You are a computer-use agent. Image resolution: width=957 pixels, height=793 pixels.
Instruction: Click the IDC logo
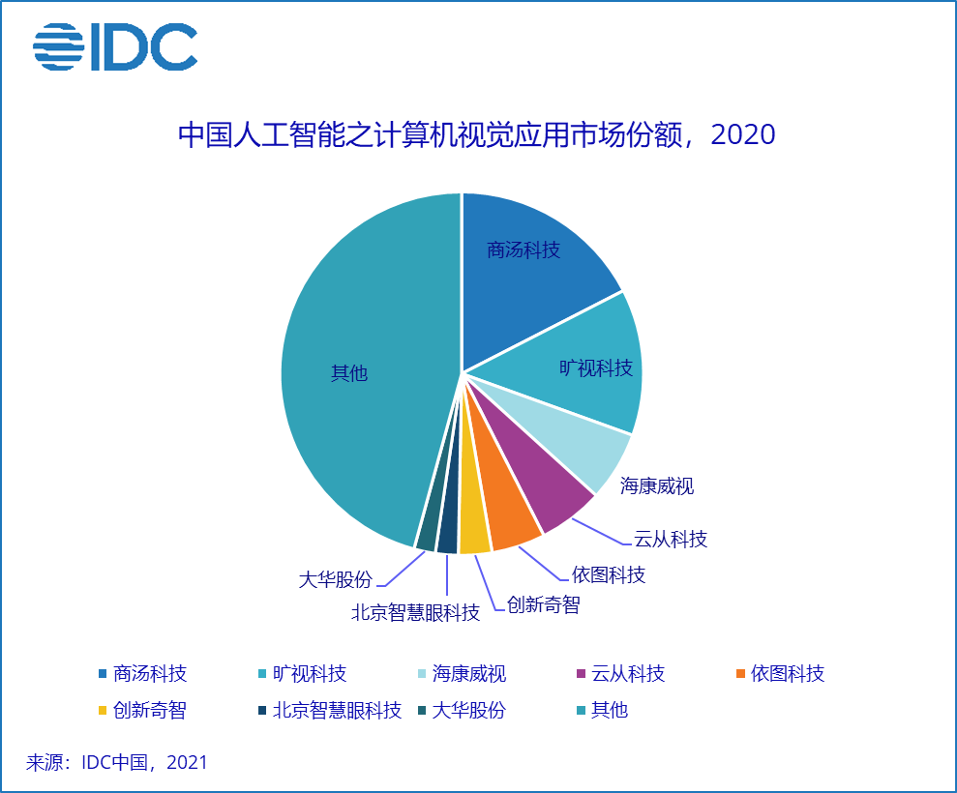point(115,46)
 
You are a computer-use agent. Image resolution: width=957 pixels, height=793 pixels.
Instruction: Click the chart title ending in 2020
point(477,134)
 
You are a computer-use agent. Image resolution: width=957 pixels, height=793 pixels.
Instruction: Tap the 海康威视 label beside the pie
point(657,485)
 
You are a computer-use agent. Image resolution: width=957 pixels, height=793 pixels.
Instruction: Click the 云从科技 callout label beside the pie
point(671,539)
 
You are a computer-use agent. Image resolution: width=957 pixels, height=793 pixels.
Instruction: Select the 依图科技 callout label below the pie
point(608,574)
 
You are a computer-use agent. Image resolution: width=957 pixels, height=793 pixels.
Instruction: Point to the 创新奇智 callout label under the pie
point(543,605)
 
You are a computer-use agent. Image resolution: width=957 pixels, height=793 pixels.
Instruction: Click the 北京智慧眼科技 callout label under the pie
point(415,612)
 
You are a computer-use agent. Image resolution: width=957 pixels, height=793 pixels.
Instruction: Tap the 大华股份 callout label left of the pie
point(335,580)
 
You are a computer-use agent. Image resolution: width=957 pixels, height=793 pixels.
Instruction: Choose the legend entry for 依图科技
point(788,673)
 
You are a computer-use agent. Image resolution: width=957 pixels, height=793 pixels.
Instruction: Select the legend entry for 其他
point(610,710)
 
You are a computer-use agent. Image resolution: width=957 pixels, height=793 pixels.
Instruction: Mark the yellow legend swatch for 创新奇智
point(102,711)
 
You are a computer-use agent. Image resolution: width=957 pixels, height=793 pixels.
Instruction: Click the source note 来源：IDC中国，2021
point(117,762)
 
